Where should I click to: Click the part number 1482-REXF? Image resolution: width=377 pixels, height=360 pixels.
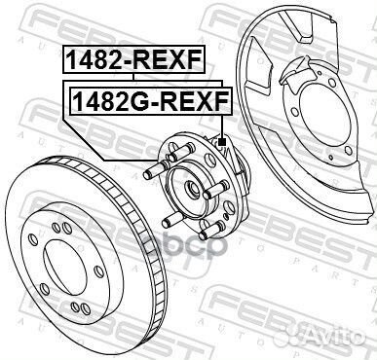[133, 61]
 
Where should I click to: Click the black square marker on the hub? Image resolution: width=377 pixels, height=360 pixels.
[222, 142]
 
